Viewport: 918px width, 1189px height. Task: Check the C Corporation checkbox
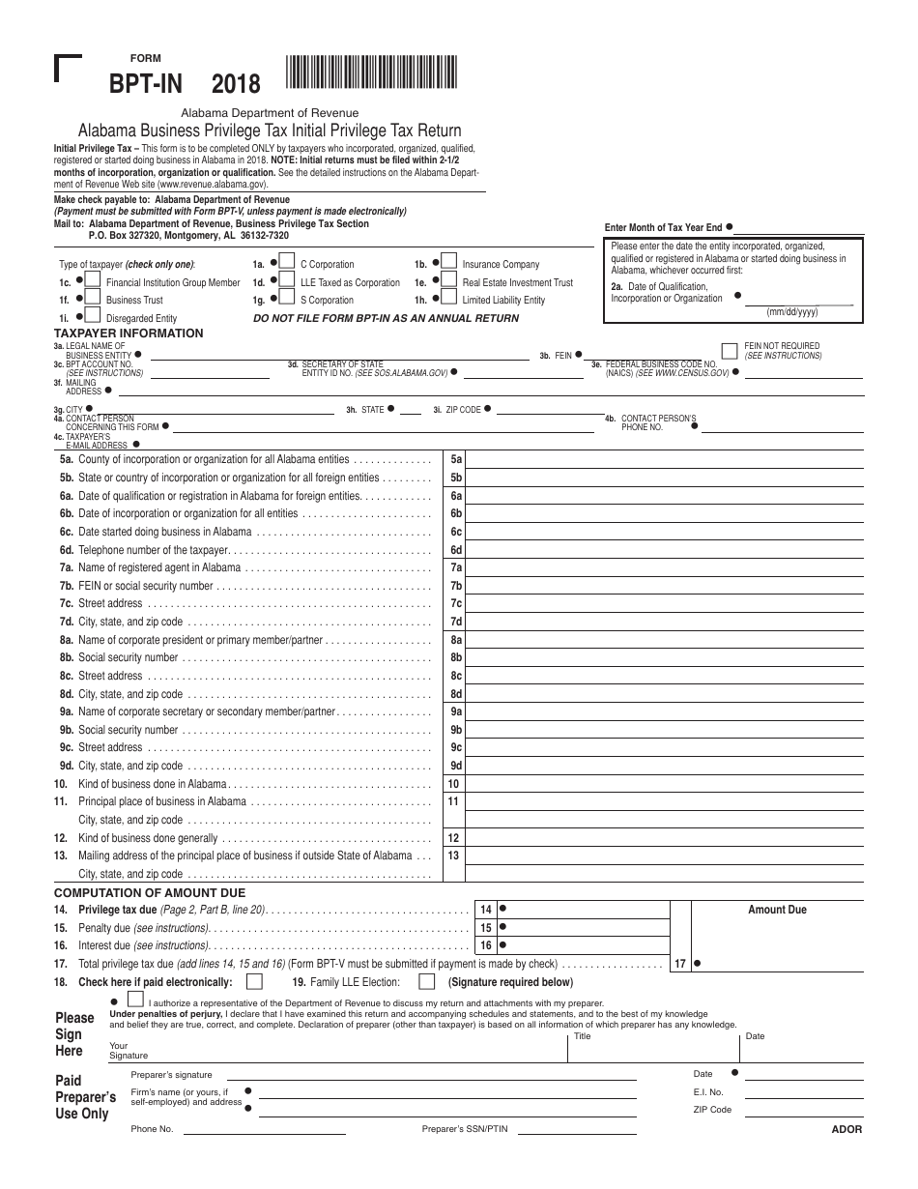[x=287, y=262]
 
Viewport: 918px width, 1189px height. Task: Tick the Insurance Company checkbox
[x=448, y=262]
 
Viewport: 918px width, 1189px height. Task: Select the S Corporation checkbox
[x=287, y=299]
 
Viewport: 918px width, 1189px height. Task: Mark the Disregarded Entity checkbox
[x=92, y=316]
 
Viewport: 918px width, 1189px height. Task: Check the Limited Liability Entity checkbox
[x=448, y=299]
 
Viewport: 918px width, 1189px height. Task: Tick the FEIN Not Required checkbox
[x=731, y=350]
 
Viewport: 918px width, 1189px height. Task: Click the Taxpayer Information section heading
[x=128, y=333]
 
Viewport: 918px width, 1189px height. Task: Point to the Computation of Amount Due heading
[x=149, y=892]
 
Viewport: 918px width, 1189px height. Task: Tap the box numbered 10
[x=454, y=784]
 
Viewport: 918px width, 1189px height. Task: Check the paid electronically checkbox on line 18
[x=254, y=982]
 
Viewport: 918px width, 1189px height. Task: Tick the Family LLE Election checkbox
[x=426, y=982]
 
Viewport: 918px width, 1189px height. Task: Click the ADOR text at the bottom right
[x=846, y=1129]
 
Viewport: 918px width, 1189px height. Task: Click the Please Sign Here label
[x=74, y=1034]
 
